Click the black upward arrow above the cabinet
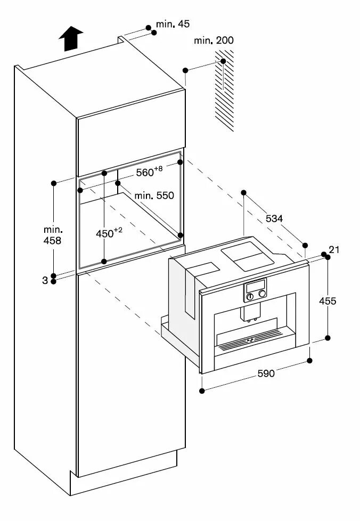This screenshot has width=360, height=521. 71,39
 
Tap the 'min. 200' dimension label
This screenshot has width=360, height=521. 213,40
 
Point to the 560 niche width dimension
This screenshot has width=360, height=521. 149,172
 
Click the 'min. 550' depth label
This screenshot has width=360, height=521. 154,196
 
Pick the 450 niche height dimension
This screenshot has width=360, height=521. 109,233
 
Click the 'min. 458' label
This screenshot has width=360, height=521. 53,235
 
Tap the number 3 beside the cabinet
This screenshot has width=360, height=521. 45,279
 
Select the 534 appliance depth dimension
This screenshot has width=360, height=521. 274,218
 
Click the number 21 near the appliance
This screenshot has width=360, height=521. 334,250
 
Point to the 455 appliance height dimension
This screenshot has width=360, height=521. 328,300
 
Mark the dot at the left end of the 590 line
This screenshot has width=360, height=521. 202,391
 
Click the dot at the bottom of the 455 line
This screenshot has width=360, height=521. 328,338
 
